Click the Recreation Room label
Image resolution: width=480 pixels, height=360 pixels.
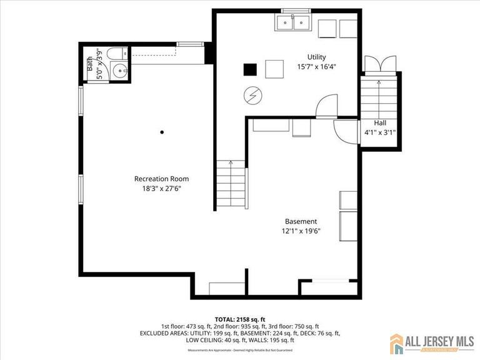(x=161, y=179)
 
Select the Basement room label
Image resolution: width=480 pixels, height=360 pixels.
(x=301, y=221)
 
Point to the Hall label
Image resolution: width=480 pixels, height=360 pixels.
(x=380, y=123)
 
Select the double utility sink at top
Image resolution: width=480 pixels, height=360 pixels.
(x=293, y=23)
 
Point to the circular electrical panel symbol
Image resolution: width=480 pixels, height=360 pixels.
(x=253, y=95)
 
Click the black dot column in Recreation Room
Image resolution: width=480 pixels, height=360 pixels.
(x=162, y=132)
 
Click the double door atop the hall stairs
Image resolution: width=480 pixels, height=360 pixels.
(x=379, y=64)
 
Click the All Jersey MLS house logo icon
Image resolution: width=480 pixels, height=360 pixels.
(x=397, y=343)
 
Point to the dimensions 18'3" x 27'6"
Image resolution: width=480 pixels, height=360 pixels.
(x=161, y=188)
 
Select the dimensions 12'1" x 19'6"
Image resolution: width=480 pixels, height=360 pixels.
(x=301, y=231)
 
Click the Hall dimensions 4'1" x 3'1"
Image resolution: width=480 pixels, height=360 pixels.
(x=380, y=132)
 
